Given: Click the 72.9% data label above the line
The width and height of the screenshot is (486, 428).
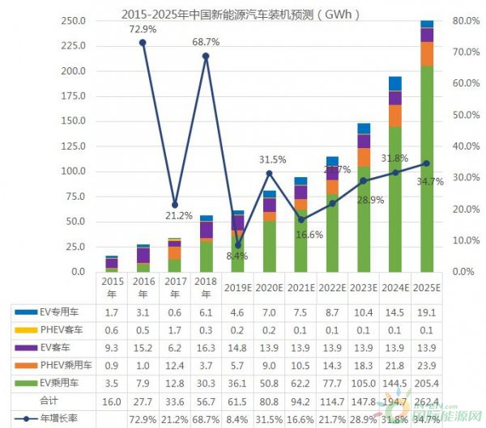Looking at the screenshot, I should [143, 29].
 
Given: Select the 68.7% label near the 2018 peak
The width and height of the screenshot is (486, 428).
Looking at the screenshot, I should [206, 40].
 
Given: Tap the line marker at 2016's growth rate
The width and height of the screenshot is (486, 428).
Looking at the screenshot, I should [143, 42].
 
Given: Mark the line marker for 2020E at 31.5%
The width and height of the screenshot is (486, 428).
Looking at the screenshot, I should [269, 173].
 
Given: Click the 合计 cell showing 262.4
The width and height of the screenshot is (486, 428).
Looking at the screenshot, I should [427, 402].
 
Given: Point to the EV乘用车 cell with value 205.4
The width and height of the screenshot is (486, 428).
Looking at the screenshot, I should [427, 384].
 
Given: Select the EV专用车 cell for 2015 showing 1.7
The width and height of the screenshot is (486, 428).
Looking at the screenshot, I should [112, 311].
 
